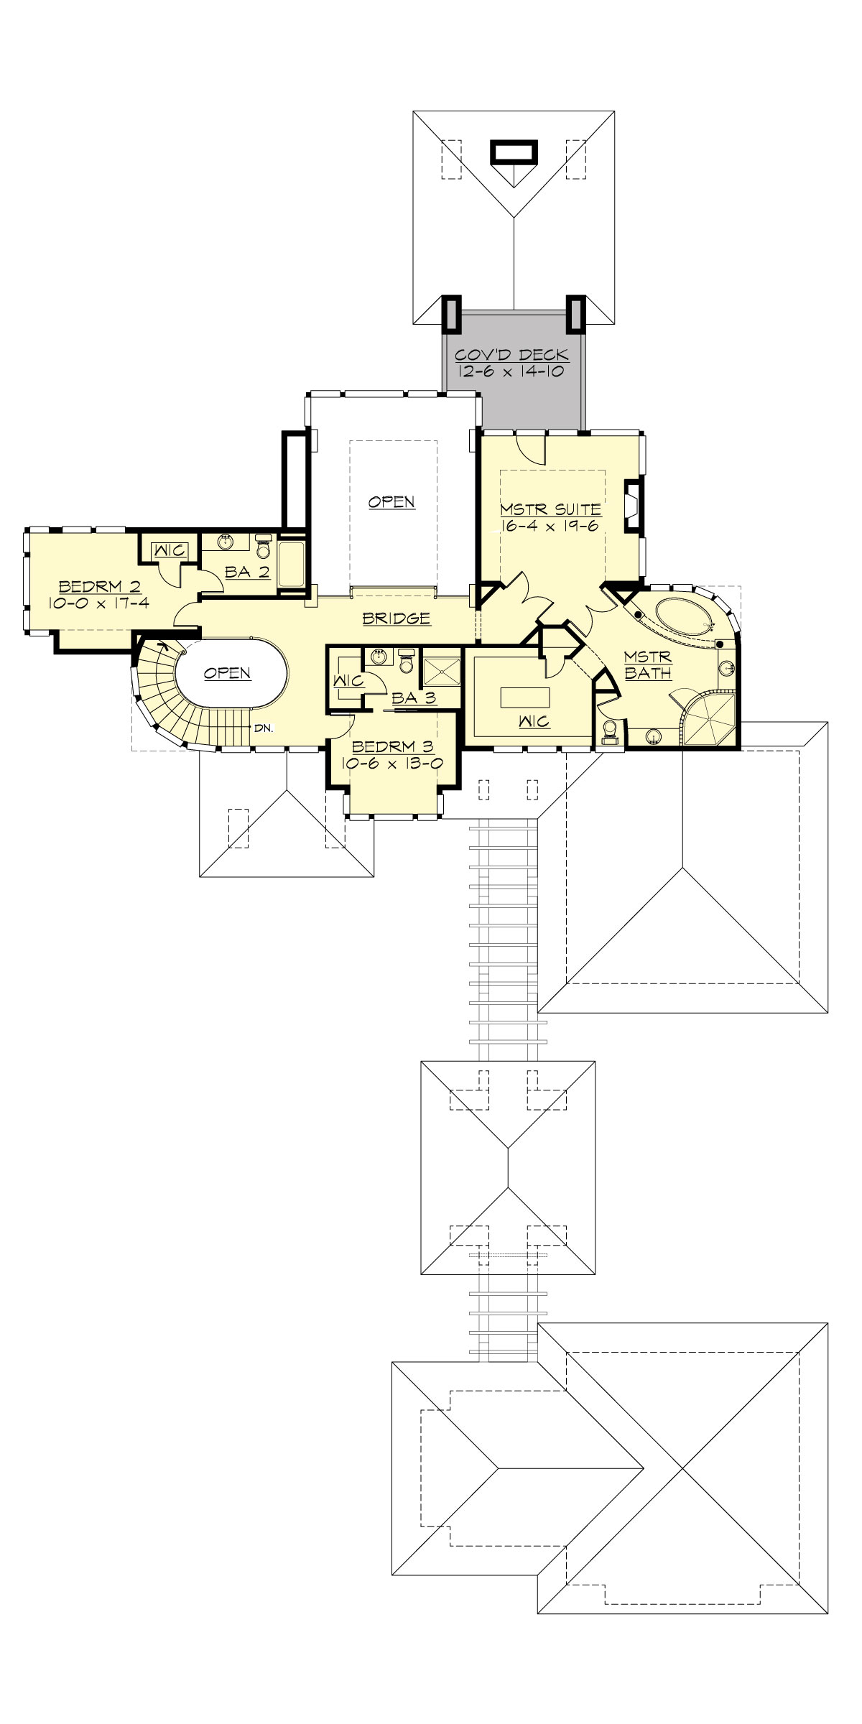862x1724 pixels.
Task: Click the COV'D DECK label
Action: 512,355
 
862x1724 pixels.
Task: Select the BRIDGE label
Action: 396,618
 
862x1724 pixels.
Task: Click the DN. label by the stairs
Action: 262,728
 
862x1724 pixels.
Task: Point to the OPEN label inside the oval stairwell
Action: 227,673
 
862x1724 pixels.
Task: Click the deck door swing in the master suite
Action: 533,451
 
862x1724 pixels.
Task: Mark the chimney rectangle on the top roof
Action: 513,152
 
